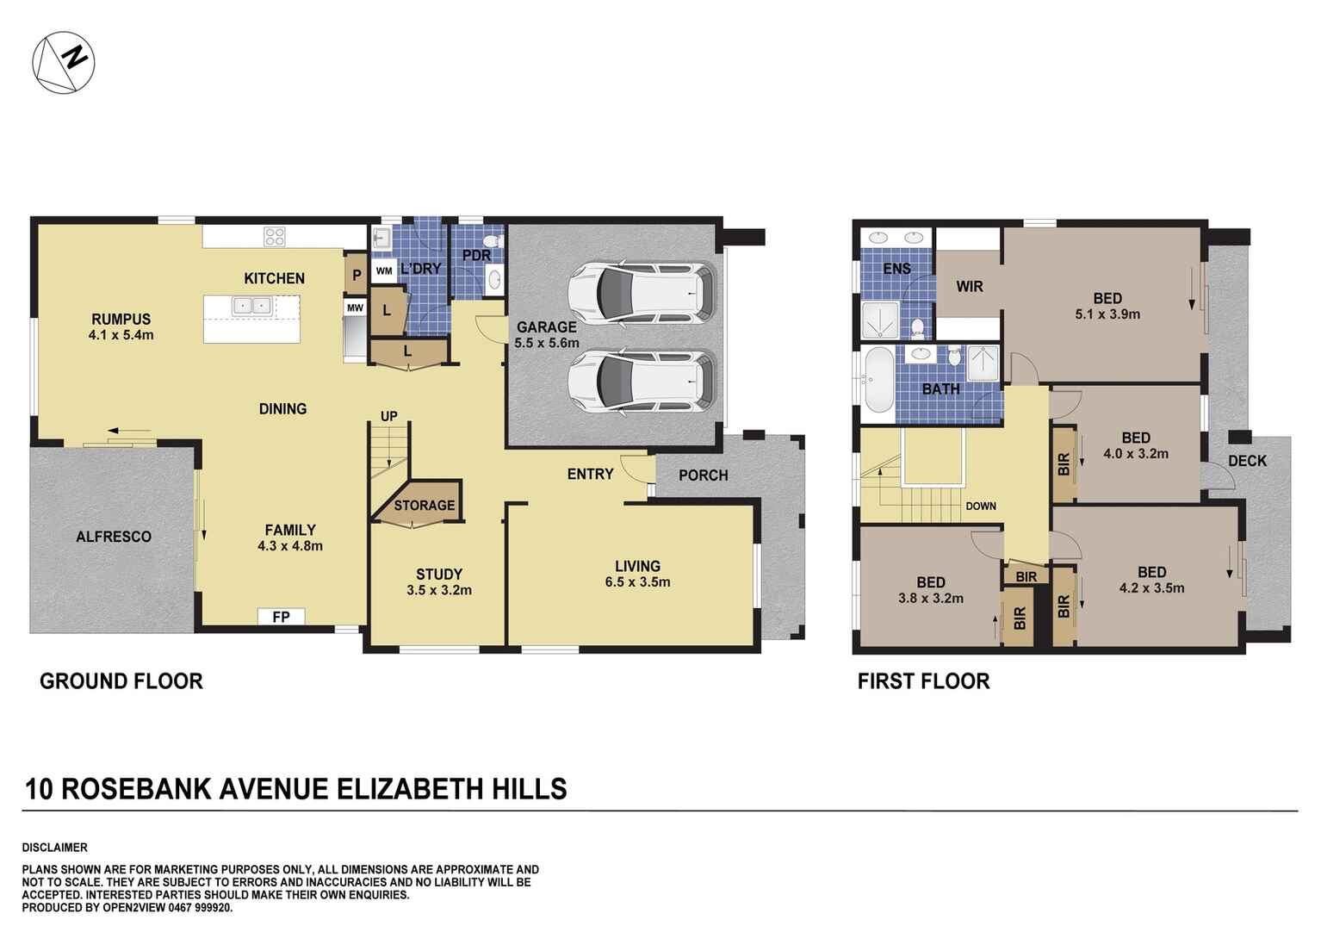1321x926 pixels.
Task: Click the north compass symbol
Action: [63, 62]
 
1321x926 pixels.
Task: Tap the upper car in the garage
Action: [642, 291]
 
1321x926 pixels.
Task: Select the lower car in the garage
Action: [642, 382]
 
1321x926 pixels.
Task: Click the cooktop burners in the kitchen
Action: [275, 236]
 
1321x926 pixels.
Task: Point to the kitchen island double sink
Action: [251, 305]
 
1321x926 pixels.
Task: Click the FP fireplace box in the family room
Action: [281, 617]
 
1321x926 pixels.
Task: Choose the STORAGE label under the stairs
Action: [424, 506]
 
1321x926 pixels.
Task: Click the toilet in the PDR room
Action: [493, 240]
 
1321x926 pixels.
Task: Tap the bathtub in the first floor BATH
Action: [878, 380]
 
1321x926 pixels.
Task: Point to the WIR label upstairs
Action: [969, 286]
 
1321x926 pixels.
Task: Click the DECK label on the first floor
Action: [1247, 461]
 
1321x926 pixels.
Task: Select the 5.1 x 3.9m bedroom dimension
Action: [1107, 314]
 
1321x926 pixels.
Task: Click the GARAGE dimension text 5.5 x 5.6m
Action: [546, 343]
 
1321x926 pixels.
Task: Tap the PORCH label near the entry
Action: [703, 475]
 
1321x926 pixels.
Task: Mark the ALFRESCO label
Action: [114, 537]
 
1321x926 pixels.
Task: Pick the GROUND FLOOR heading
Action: [121, 681]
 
